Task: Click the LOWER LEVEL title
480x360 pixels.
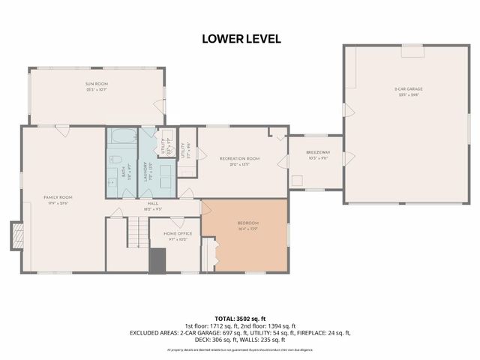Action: [x=240, y=38]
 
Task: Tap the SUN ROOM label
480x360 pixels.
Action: [x=95, y=85]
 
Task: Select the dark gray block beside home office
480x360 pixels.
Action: [x=157, y=262]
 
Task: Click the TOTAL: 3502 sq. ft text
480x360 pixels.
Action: [x=239, y=319]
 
